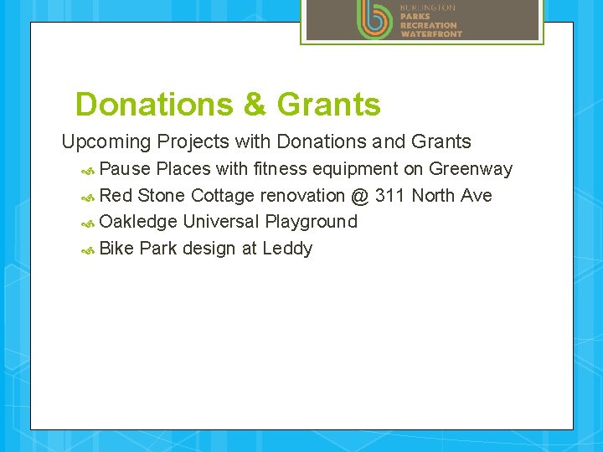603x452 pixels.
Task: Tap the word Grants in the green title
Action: click(328, 105)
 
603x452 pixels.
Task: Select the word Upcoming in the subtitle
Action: click(106, 142)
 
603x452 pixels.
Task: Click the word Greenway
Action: click(470, 169)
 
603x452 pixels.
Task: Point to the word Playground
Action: click(311, 222)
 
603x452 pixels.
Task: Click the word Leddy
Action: click(287, 249)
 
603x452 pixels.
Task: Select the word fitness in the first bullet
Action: click(281, 169)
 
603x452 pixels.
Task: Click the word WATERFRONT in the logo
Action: click(430, 34)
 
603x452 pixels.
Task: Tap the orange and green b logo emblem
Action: click(374, 18)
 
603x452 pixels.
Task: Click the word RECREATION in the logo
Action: click(428, 25)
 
